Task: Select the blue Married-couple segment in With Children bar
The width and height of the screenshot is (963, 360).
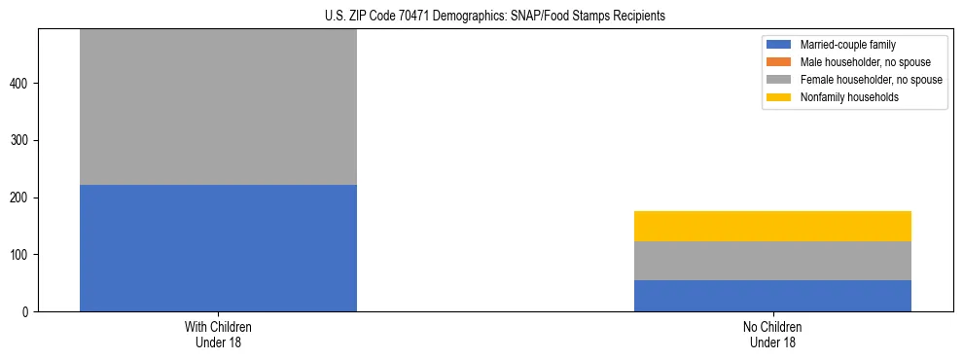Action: click(x=218, y=248)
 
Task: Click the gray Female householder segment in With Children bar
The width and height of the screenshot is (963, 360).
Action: click(x=218, y=107)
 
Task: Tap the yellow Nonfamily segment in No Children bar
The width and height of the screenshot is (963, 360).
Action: click(x=772, y=226)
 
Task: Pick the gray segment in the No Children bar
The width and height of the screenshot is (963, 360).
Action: click(x=772, y=261)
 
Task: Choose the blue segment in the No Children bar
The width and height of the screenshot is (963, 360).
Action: click(x=772, y=296)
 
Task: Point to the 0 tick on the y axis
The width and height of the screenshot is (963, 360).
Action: click(x=28, y=312)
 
